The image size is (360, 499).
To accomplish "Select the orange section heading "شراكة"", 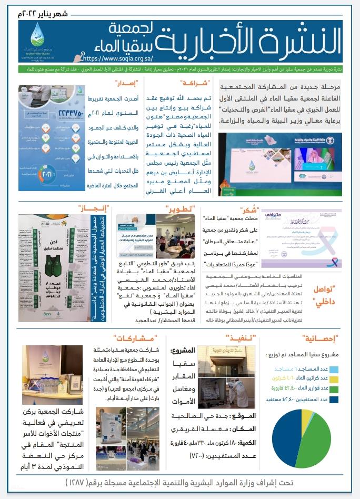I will [195, 83].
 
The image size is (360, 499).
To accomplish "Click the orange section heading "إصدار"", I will [126, 83].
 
